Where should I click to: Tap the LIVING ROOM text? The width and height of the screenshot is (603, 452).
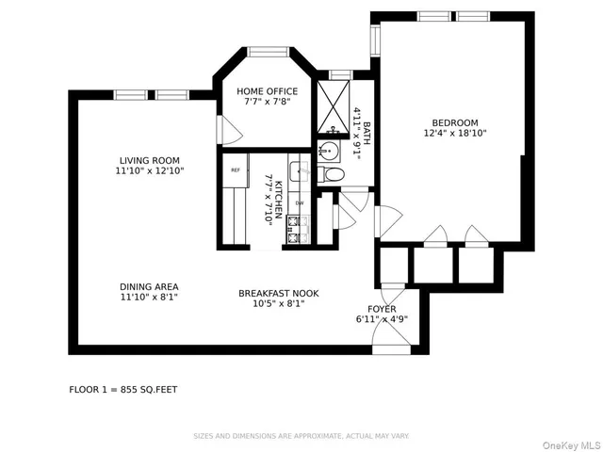tap(149, 160)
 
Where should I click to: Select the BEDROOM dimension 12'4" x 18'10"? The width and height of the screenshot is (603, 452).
tap(455, 133)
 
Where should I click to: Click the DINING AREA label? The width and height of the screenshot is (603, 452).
tap(149, 286)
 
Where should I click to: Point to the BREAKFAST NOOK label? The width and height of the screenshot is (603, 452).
tap(278, 293)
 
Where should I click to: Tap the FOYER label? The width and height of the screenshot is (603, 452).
tap(382, 309)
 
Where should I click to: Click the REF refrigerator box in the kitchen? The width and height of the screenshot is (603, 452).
tap(235, 170)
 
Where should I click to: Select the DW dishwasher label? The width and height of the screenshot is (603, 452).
tap(300, 202)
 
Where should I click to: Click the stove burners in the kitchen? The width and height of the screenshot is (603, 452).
tap(298, 230)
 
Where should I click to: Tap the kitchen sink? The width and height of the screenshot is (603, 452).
tap(298, 171)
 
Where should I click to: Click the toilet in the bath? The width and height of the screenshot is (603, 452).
tap(333, 174)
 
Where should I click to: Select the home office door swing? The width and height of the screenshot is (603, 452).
tap(223, 130)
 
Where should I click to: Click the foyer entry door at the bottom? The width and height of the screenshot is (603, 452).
tap(390, 341)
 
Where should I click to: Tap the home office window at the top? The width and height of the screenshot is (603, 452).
tap(268, 53)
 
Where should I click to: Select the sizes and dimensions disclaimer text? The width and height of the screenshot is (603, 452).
tap(301, 436)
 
